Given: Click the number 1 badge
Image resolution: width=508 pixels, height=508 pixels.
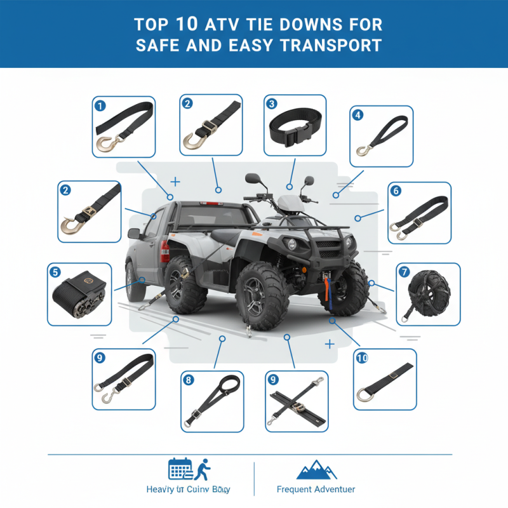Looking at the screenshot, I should pos(100,106).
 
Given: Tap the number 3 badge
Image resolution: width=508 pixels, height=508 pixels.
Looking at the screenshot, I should pos(272,104).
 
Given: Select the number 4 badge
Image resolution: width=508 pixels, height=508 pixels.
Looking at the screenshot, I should pos(358,115).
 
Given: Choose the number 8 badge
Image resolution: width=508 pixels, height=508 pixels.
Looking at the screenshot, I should pos(188,380).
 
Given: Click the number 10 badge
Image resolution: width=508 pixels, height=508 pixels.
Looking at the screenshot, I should pos(362,358).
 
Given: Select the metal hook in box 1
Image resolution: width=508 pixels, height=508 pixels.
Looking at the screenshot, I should pos(105,144).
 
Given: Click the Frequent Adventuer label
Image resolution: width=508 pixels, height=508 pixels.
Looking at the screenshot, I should pos(316,490).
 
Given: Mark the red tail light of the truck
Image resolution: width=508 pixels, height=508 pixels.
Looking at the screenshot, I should pos(164,250).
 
